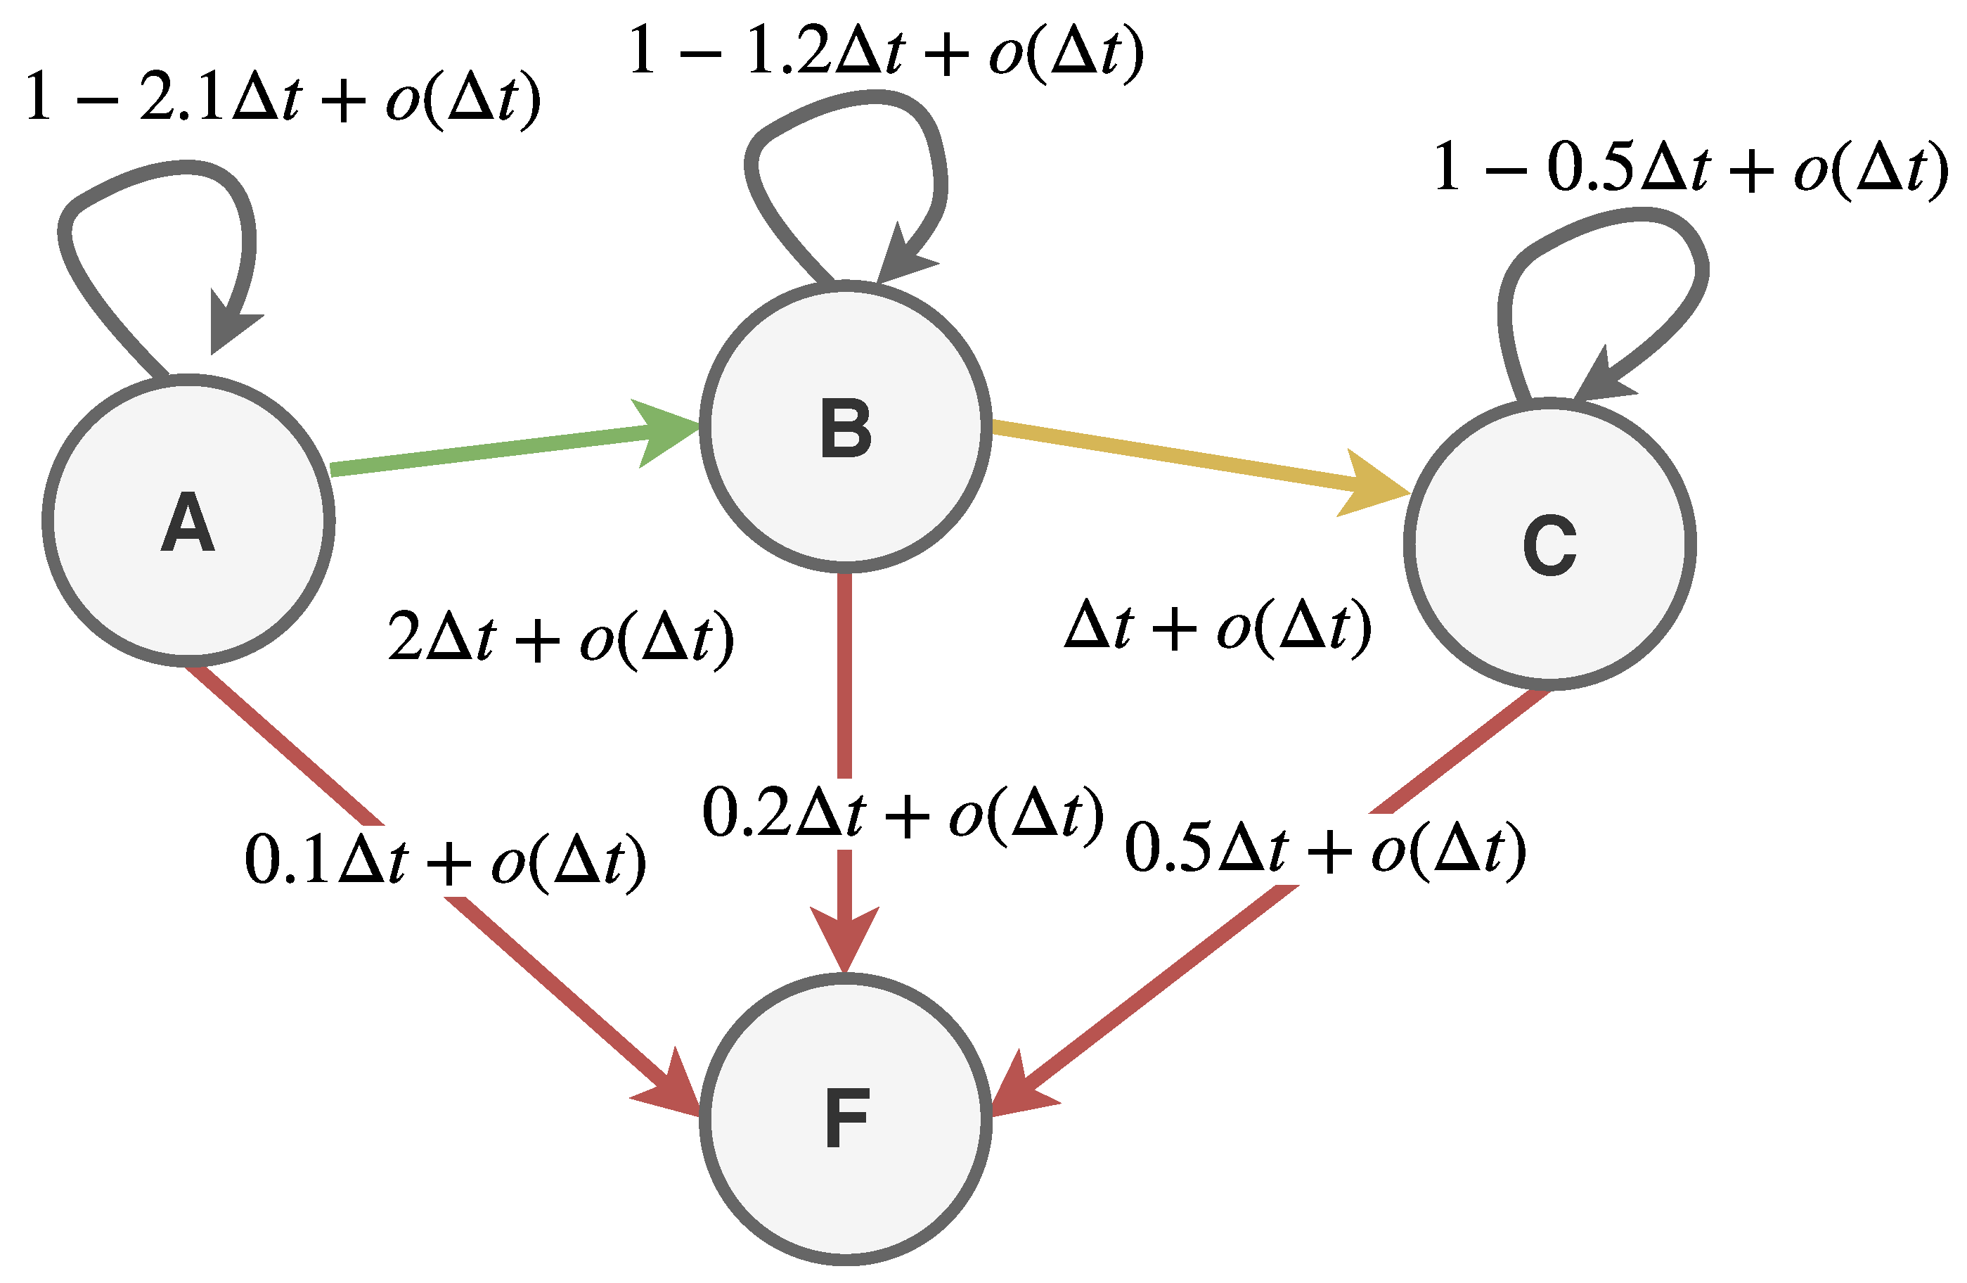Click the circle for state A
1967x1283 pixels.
[188, 520]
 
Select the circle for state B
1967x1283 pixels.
[846, 426]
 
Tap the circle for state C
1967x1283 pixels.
[1549, 543]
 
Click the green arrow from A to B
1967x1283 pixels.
[496, 448]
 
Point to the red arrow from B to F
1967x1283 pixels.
[844, 678]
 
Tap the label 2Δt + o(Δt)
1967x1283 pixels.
[560, 637]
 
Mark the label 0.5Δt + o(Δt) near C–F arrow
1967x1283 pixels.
[1325, 848]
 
